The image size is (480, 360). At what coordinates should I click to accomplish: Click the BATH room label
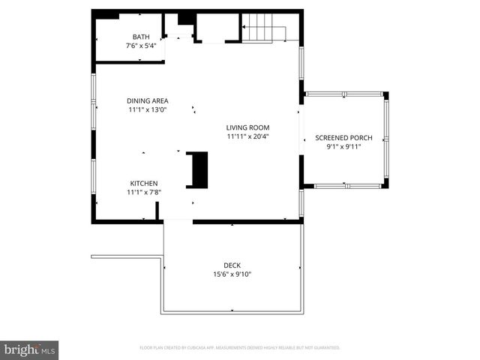[x=141, y=37]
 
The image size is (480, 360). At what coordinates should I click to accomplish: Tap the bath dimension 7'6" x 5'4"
[x=141, y=46]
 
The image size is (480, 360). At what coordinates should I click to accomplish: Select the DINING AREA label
[x=147, y=100]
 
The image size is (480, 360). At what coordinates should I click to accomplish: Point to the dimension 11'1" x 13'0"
[x=147, y=109]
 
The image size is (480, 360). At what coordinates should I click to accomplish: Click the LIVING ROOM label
[x=247, y=127]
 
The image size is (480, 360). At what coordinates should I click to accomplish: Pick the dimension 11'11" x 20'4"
[x=247, y=136]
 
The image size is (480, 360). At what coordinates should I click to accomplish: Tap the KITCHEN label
[x=144, y=183]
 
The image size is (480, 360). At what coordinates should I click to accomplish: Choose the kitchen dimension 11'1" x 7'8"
[x=144, y=192]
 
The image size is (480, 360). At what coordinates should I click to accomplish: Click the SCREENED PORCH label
[x=343, y=138]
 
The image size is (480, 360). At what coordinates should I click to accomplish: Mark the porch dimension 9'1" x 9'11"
[x=343, y=147]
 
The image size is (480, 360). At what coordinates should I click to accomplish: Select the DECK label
[x=232, y=265]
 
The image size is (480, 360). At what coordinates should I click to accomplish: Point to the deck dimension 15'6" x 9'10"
[x=232, y=274]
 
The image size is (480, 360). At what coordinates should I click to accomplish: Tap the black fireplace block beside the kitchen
[x=197, y=169]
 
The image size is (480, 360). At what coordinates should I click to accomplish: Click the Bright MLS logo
[x=30, y=349]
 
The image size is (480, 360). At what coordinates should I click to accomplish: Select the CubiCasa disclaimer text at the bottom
[x=240, y=348]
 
